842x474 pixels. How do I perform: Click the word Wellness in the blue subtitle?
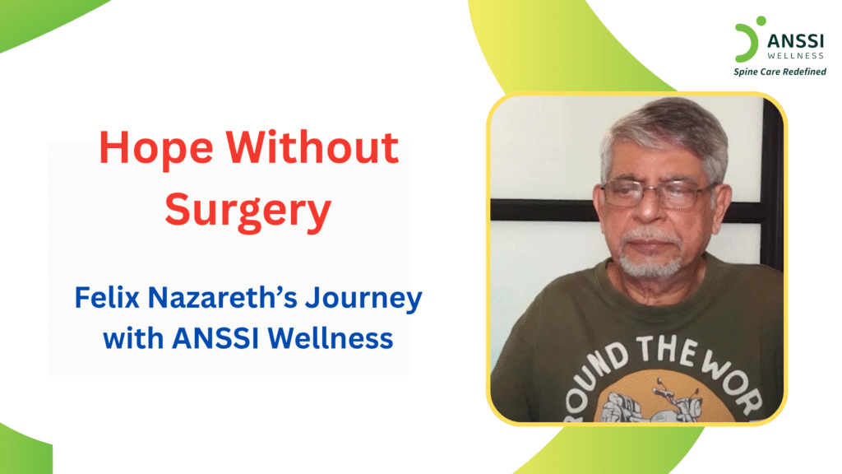click(x=337, y=337)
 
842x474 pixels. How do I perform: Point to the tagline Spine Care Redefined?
click(x=780, y=72)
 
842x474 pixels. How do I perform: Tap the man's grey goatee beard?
click(x=650, y=262)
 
